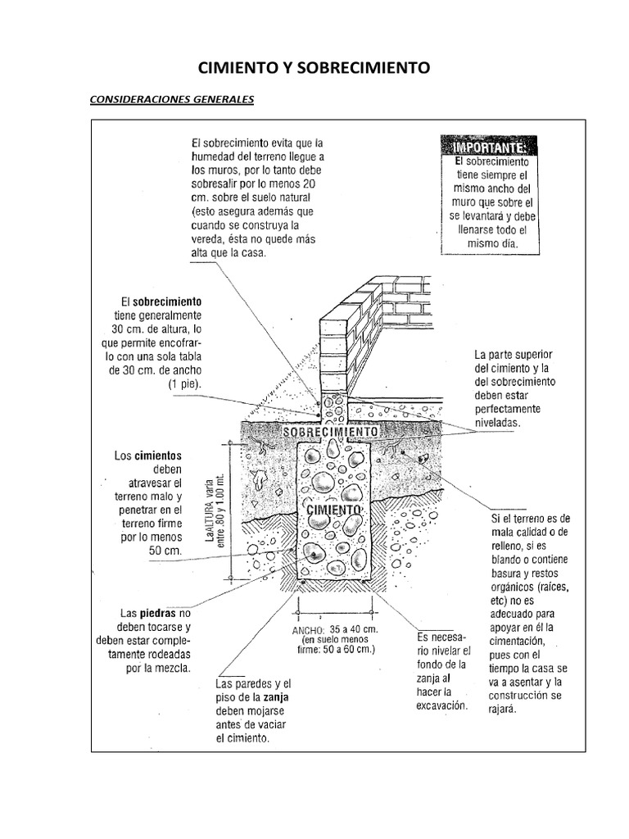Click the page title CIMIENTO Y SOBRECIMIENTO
coord(314,68)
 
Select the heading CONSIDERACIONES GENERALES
coord(171,100)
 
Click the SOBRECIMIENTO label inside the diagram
coord(329,432)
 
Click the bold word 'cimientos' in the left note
coord(158,456)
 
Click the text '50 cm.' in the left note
coord(165,551)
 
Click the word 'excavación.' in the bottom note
coord(441,705)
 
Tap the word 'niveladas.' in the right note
coord(497,422)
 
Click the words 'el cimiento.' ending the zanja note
coord(242,738)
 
